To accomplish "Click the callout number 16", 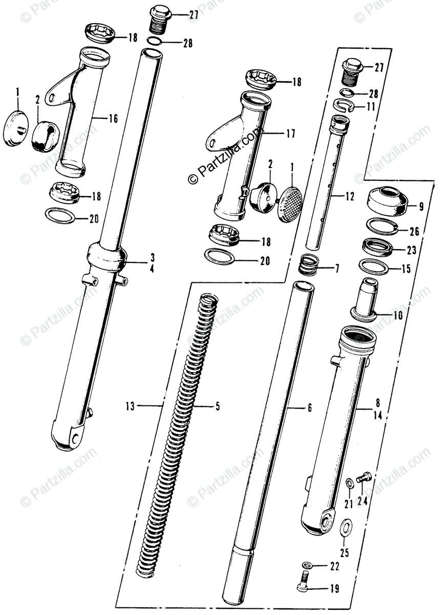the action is (x=113, y=119).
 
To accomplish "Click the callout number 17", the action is (x=291, y=135).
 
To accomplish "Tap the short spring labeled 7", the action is (x=309, y=266).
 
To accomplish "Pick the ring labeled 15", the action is (x=376, y=267).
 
